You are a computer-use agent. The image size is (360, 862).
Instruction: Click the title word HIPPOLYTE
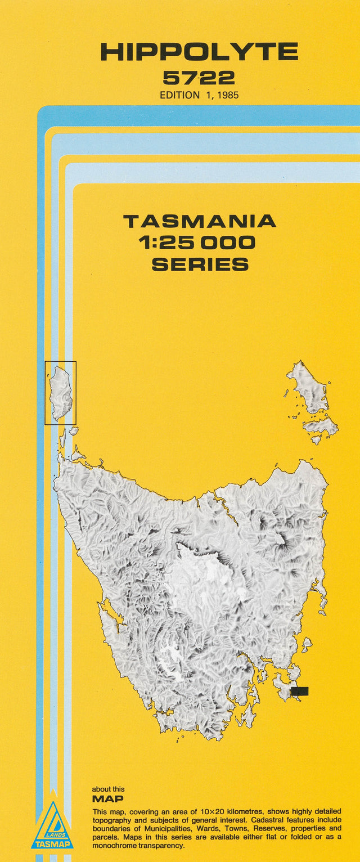click(199, 52)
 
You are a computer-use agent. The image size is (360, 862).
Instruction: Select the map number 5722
click(199, 78)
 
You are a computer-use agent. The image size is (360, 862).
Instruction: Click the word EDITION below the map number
click(179, 95)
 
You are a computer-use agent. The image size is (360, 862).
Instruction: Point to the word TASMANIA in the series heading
click(200, 221)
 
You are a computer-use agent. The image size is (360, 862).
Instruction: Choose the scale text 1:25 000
click(200, 243)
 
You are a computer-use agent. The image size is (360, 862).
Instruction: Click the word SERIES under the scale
click(200, 264)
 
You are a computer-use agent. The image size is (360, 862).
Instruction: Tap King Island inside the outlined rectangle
click(61, 392)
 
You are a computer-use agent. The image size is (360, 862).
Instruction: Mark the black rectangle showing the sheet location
click(299, 691)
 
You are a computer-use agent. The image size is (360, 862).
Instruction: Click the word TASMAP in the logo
click(52, 844)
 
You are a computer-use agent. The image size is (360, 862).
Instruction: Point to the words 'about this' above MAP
click(108, 789)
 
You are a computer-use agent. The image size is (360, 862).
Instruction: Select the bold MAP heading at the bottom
click(107, 799)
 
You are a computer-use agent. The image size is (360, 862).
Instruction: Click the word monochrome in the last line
click(116, 846)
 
